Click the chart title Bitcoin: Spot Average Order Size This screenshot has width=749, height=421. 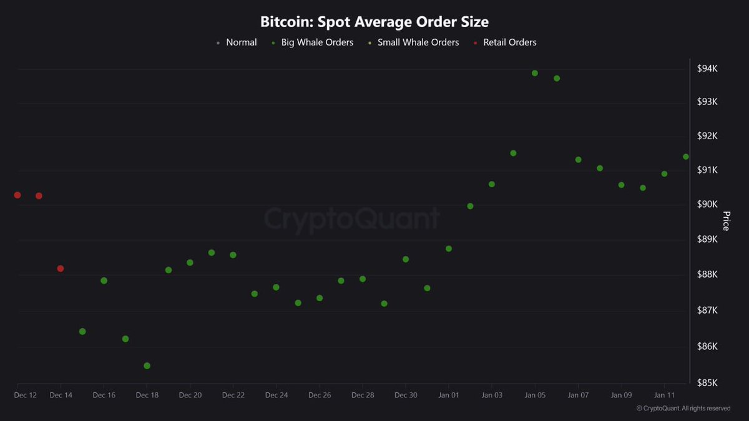pos(374,22)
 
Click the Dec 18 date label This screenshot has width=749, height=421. pos(147,395)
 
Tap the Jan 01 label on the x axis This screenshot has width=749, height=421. pos(449,395)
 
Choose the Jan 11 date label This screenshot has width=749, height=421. pos(664,395)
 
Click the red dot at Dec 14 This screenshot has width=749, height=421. pos(61,269)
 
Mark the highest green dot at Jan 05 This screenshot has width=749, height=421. pos(535,73)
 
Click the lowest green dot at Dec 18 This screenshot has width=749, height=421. pos(147,366)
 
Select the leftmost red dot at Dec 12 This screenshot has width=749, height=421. pos(17,195)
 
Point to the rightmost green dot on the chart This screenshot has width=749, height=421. pos(686,157)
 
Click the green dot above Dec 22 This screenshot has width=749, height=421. pos(233,255)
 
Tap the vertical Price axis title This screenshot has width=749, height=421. pos(726,221)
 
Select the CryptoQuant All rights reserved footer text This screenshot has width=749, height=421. pos(683,409)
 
